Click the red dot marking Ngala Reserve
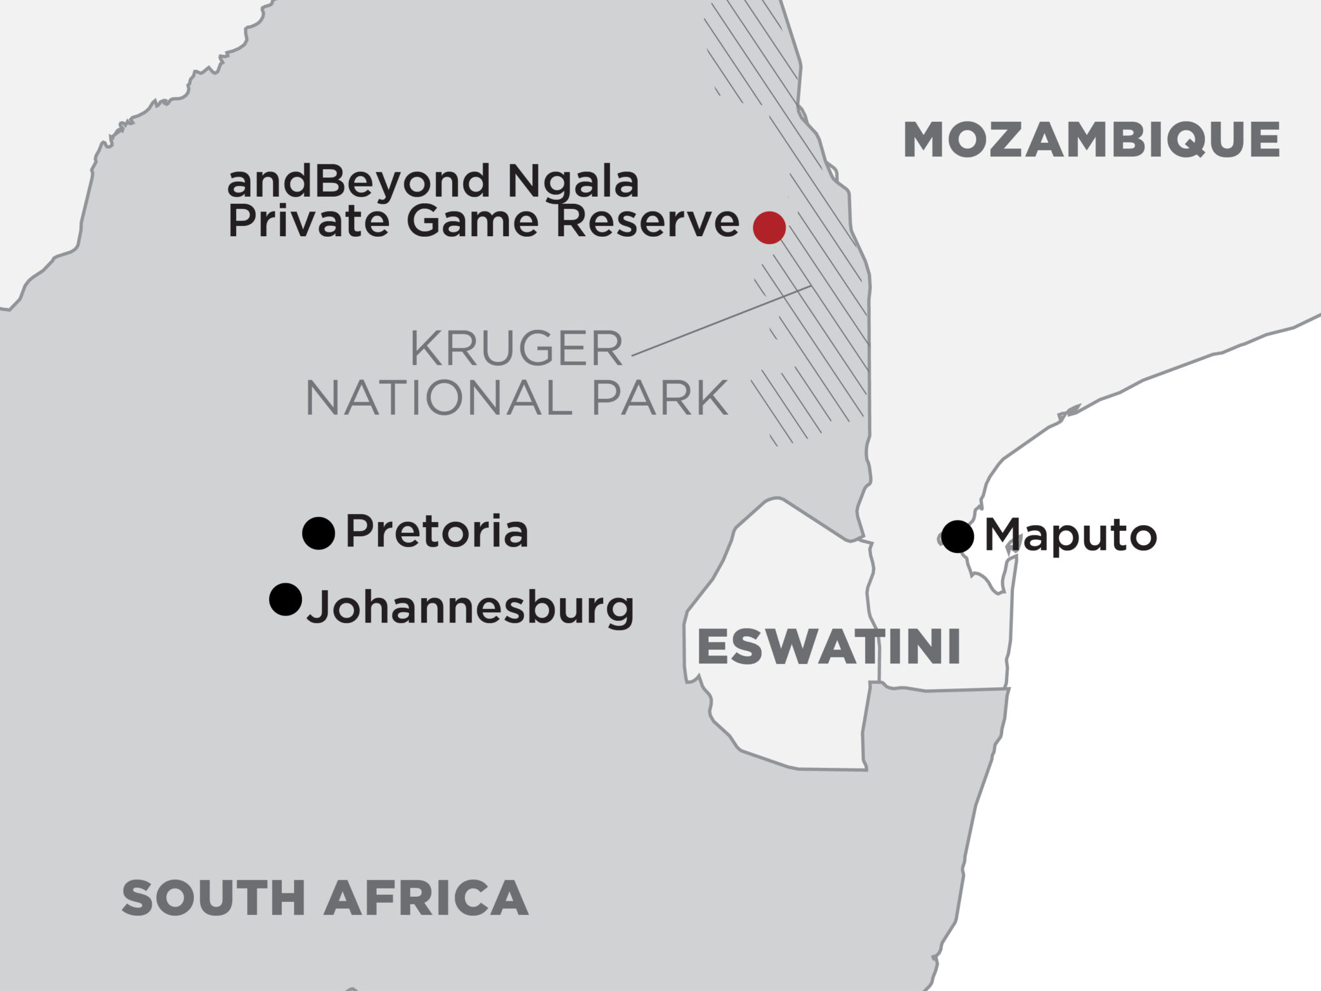click(x=770, y=227)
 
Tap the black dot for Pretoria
click(x=319, y=534)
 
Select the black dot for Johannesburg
click(x=285, y=599)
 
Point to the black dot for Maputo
click(x=957, y=536)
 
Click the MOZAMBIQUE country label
click(x=1091, y=140)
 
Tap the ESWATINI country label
click(x=829, y=647)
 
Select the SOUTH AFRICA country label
click(x=325, y=898)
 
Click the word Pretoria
click(x=437, y=532)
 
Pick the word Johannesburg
click(x=470, y=608)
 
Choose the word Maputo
click(x=1071, y=536)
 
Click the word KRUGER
click(x=517, y=349)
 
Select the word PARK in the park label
click(x=659, y=399)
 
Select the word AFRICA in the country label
click(x=426, y=898)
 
